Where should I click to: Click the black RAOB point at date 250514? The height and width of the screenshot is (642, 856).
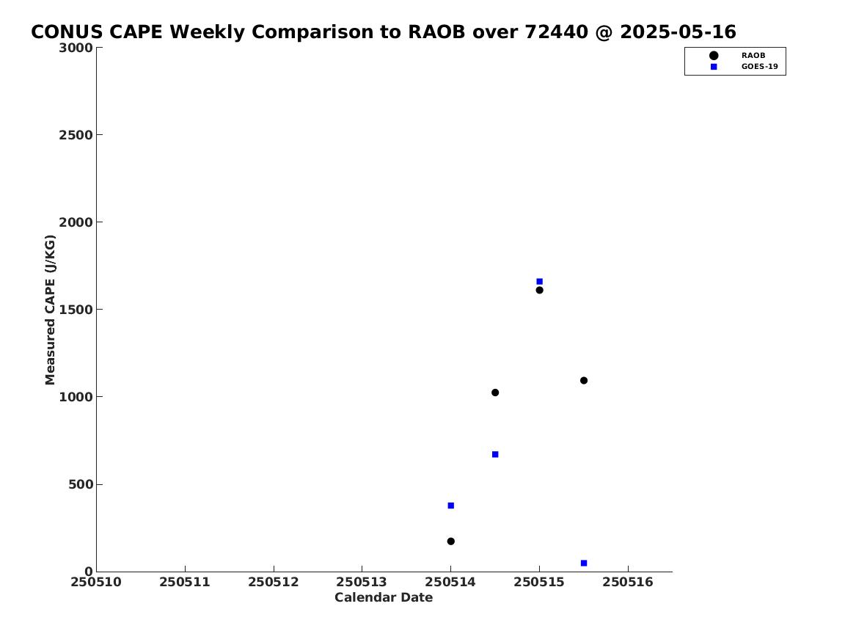point(450,541)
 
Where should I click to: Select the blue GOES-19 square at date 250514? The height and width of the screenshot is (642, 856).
point(450,506)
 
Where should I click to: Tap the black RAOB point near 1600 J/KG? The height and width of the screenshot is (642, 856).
point(539,290)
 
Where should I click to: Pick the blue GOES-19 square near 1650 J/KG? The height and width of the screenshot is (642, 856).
point(539,282)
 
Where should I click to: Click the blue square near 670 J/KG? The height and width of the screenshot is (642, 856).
point(495,454)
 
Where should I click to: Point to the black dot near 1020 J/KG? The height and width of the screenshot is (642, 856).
point(495,393)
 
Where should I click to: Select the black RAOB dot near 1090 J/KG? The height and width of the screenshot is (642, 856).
point(584,381)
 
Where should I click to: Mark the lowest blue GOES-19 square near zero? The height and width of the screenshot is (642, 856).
point(584,563)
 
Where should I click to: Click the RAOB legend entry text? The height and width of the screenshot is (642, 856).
point(753,55)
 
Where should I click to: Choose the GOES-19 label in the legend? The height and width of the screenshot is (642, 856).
point(759,67)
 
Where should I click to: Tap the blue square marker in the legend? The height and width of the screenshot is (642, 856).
point(714,67)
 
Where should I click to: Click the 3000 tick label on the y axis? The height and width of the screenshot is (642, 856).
point(76,48)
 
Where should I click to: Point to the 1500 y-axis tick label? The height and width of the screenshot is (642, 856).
point(76,310)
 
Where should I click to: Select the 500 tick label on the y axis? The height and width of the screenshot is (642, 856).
point(81,484)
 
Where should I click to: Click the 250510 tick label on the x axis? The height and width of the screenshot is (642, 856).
point(96,582)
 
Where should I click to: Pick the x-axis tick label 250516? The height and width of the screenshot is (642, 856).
point(628,582)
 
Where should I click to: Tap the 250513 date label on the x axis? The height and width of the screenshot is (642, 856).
point(362,582)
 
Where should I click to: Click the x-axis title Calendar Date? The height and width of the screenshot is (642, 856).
point(384,597)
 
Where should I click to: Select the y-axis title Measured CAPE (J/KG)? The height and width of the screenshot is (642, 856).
point(50,310)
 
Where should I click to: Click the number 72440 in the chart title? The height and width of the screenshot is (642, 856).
point(556,32)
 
